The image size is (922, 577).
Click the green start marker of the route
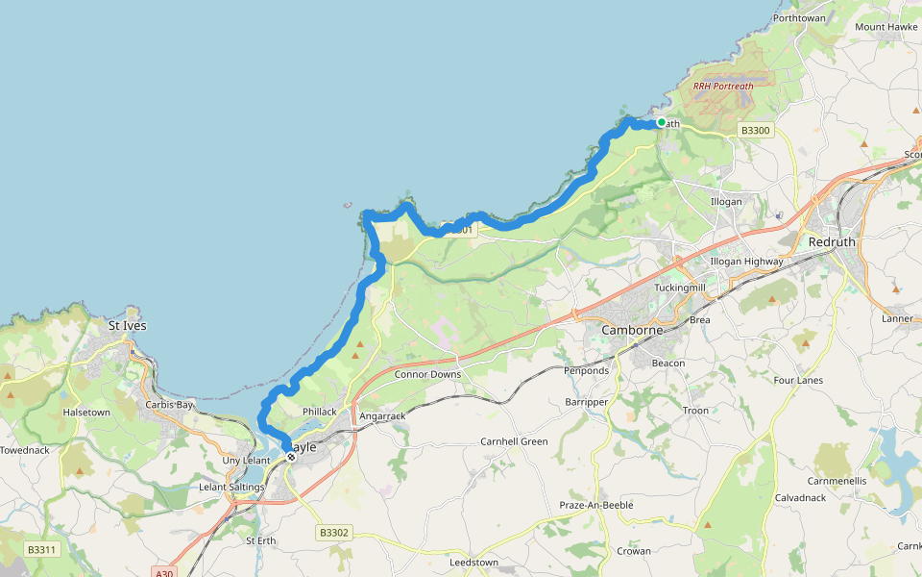(x=661, y=121)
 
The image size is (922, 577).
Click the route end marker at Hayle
(x=290, y=457)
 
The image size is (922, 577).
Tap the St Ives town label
(x=128, y=326)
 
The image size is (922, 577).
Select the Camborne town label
(x=632, y=330)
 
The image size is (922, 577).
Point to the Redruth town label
(x=831, y=242)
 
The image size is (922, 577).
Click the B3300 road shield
(x=756, y=130)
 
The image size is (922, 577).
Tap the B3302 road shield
(x=333, y=532)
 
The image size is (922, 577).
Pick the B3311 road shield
(x=41, y=550)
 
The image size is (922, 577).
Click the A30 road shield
(x=164, y=572)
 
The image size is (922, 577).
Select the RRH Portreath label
(x=722, y=86)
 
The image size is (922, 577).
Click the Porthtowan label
(x=798, y=18)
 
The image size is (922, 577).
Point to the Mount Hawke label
(x=885, y=27)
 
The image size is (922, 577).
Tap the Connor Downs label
(x=427, y=374)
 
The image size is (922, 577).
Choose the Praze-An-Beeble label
(x=596, y=505)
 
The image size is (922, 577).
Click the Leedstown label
(x=473, y=562)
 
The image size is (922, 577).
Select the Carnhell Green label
(x=514, y=441)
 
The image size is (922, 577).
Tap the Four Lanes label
(x=798, y=380)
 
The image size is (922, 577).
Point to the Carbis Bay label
(x=169, y=405)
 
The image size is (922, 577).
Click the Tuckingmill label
(x=679, y=288)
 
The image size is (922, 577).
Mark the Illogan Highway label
(x=746, y=261)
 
